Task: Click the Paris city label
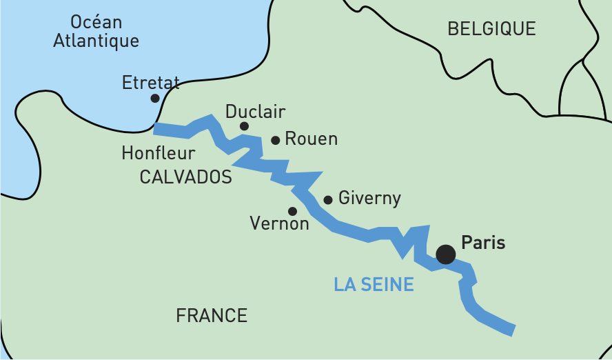point(483,243)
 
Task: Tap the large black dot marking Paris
point(446,254)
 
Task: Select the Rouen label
point(311,139)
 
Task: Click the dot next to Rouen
point(276,140)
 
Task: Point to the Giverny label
point(369,199)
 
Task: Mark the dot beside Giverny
point(328,200)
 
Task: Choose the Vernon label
point(279,223)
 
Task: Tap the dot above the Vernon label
point(292,211)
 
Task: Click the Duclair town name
point(255,112)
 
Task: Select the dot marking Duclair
point(244,126)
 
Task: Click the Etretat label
point(150,83)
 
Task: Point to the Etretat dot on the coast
point(155,99)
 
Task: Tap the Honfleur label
point(158,152)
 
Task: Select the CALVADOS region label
point(185,177)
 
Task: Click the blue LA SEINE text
point(374,284)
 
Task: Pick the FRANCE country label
point(212,316)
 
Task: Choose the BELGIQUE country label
point(491,29)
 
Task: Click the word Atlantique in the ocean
point(96,41)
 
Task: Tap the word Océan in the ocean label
point(96,20)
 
